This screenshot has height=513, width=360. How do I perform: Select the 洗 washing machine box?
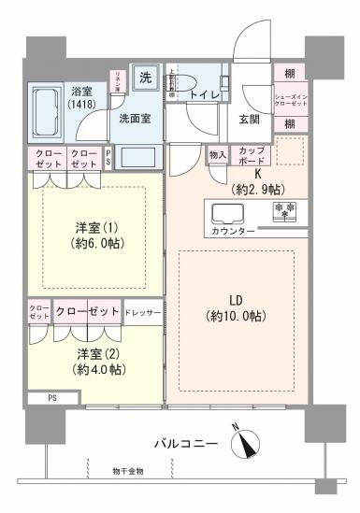146,78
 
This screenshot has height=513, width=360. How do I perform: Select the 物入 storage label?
216,155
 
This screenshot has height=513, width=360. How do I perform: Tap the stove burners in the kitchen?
283,210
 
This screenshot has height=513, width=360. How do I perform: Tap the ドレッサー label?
143,311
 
